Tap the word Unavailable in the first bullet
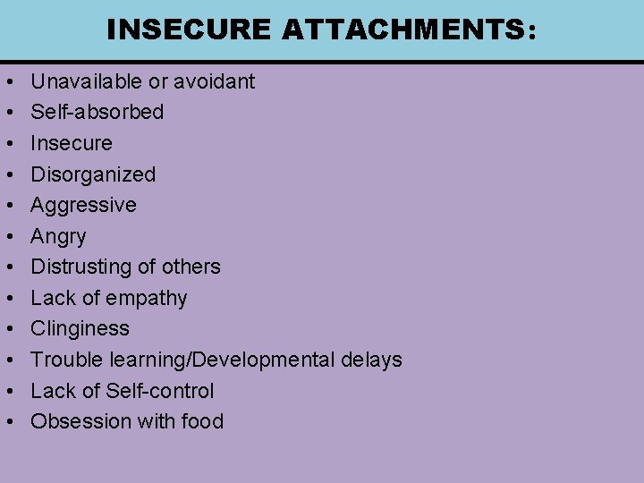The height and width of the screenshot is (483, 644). point(87,81)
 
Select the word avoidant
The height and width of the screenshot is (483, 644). point(215,81)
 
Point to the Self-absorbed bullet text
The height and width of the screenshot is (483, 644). point(97,112)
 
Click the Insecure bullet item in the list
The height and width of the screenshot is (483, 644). point(72,143)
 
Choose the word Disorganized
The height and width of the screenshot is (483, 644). point(93,174)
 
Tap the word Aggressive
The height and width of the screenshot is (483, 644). point(83,205)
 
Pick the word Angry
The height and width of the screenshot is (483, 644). point(58,236)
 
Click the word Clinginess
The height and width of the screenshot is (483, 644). point(80,328)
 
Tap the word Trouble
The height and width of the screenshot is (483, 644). point(67,360)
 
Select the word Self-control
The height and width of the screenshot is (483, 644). point(160,391)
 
